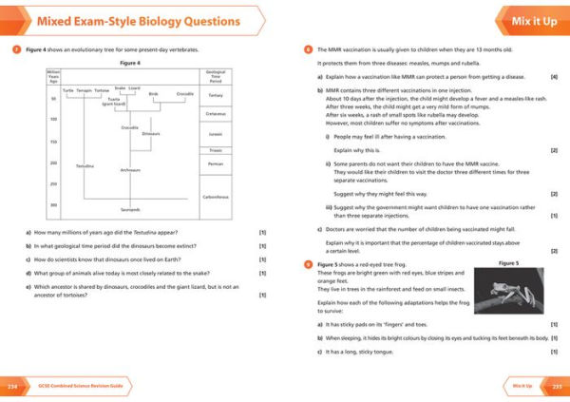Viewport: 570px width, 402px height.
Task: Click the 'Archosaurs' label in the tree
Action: click(x=130, y=170)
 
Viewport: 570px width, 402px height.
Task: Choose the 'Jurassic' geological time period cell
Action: click(x=216, y=135)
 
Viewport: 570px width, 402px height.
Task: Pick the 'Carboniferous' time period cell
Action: click(x=216, y=196)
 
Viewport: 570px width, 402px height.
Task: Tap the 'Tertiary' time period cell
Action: click(x=216, y=95)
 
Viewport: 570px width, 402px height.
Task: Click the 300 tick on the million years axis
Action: click(x=53, y=204)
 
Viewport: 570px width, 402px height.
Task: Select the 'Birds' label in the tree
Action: click(x=153, y=94)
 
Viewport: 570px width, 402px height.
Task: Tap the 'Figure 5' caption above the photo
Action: click(x=508, y=262)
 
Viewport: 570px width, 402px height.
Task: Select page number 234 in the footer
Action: click(x=13, y=387)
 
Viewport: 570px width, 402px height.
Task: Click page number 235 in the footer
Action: click(x=557, y=387)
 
